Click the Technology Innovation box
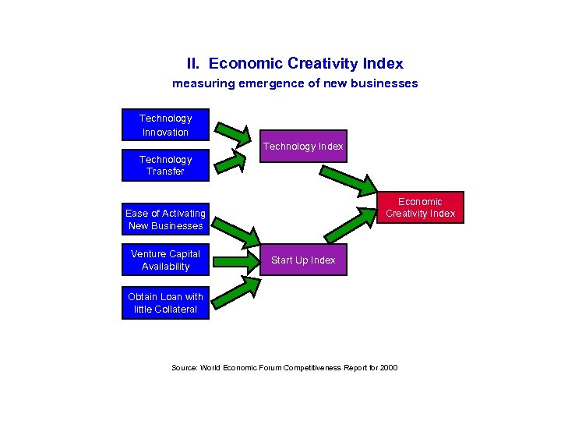coord(165,125)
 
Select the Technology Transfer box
coord(165,165)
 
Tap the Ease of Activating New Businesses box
coord(165,220)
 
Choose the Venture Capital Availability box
coord(165,260)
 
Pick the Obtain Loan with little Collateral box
coord(165,302)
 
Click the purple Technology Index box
coord(302,146)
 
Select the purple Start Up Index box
coord(302,260)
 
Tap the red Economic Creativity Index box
coord(420,207)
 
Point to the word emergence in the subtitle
coord(270,83)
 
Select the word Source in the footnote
coord(184,367)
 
